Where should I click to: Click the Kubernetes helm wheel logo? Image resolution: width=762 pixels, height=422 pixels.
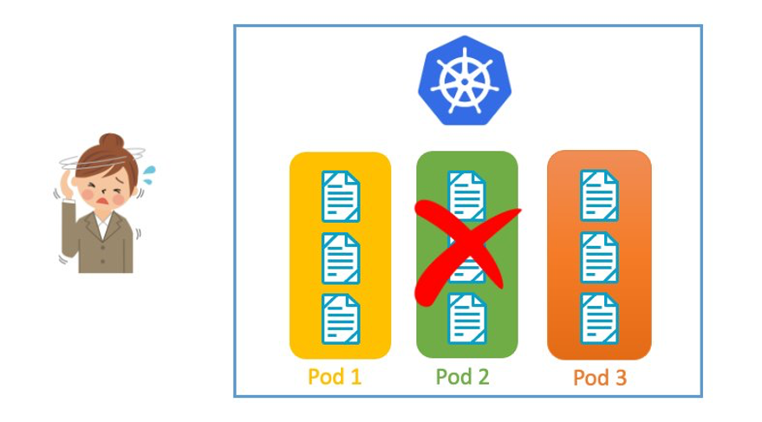coord(464,81)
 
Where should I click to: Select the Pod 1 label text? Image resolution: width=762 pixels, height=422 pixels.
coord(335,377)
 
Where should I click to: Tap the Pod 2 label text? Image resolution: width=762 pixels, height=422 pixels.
coord(463,377)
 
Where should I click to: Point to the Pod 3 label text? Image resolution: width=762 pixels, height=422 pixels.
coord(599,378)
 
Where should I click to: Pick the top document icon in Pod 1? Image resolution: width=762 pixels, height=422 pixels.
coord(341,197)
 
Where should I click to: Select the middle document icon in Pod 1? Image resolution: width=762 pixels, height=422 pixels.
coord(341,257)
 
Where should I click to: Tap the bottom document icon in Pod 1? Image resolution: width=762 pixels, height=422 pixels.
coord(341,319)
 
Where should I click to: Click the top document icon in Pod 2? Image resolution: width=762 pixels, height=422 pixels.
coord(466,192)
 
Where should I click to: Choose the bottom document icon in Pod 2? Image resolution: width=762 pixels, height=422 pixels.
coord(466,319)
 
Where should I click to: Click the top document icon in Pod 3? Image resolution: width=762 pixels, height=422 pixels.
coord(599,196)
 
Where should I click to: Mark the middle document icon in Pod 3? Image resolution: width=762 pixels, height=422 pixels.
coord(599,257)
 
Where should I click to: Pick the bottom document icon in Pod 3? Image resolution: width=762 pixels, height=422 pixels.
coord(599,319)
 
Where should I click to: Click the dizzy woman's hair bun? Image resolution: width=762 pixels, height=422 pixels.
coord(110,141)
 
